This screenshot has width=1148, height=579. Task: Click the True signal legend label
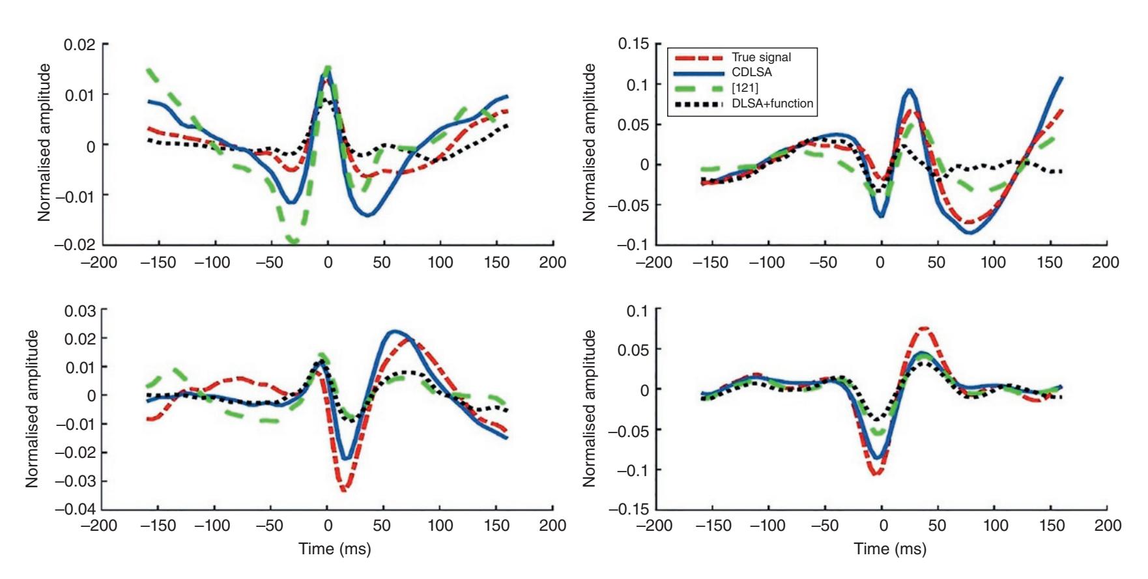coord(761,57)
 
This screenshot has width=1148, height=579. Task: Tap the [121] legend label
coord(745,88)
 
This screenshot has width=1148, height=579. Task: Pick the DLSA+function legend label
coord(773,103)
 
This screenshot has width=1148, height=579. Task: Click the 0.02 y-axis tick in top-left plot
coord(79,45)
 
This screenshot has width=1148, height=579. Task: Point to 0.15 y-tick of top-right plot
coord(633,44)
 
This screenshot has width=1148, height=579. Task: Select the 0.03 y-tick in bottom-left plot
coord(79,311)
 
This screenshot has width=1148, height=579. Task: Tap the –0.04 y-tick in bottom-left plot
coord(77,509)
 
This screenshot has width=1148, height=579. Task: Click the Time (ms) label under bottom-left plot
coord(335,549)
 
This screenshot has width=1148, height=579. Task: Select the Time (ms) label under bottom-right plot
coord(890,549)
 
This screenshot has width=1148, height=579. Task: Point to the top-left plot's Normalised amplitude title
coord(44,143)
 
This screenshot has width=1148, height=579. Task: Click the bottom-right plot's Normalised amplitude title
coord(589,408)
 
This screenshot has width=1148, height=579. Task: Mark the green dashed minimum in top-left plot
coord(293,242)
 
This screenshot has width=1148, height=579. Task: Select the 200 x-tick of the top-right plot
coord(1106,262)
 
